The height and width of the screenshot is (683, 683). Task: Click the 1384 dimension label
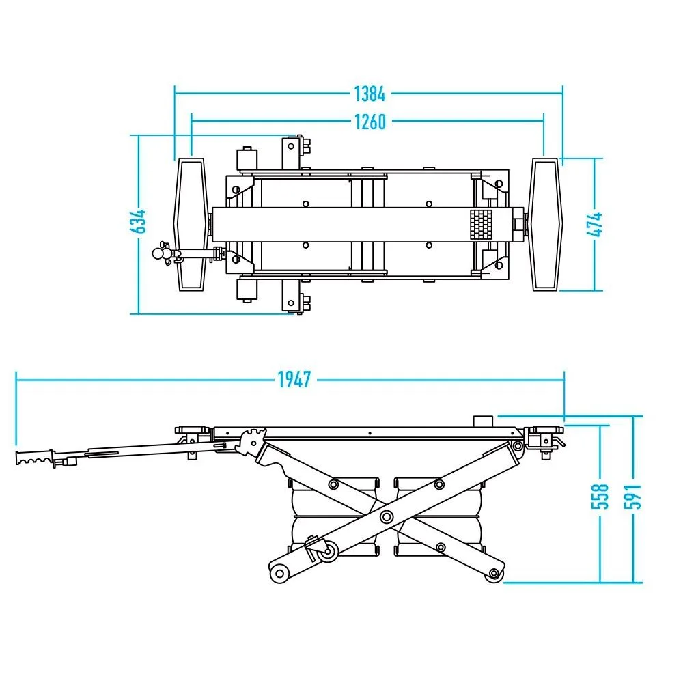(x=370, y=94)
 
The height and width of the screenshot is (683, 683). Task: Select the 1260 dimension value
(x=370, y=122)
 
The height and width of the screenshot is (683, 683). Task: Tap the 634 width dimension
(x=138, y=222)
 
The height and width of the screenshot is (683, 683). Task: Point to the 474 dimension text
(x=595, y=224)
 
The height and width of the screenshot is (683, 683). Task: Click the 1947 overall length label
(x=294, y=380)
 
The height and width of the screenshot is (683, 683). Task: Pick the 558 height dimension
(x=600, y=496)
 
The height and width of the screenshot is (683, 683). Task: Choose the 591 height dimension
(x=632, y=496)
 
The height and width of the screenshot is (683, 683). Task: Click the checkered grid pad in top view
(x=480, y=224)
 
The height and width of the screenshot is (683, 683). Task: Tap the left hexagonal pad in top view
(x=191, y=224)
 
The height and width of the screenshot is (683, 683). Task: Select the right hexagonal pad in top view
(x=545, y=224)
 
